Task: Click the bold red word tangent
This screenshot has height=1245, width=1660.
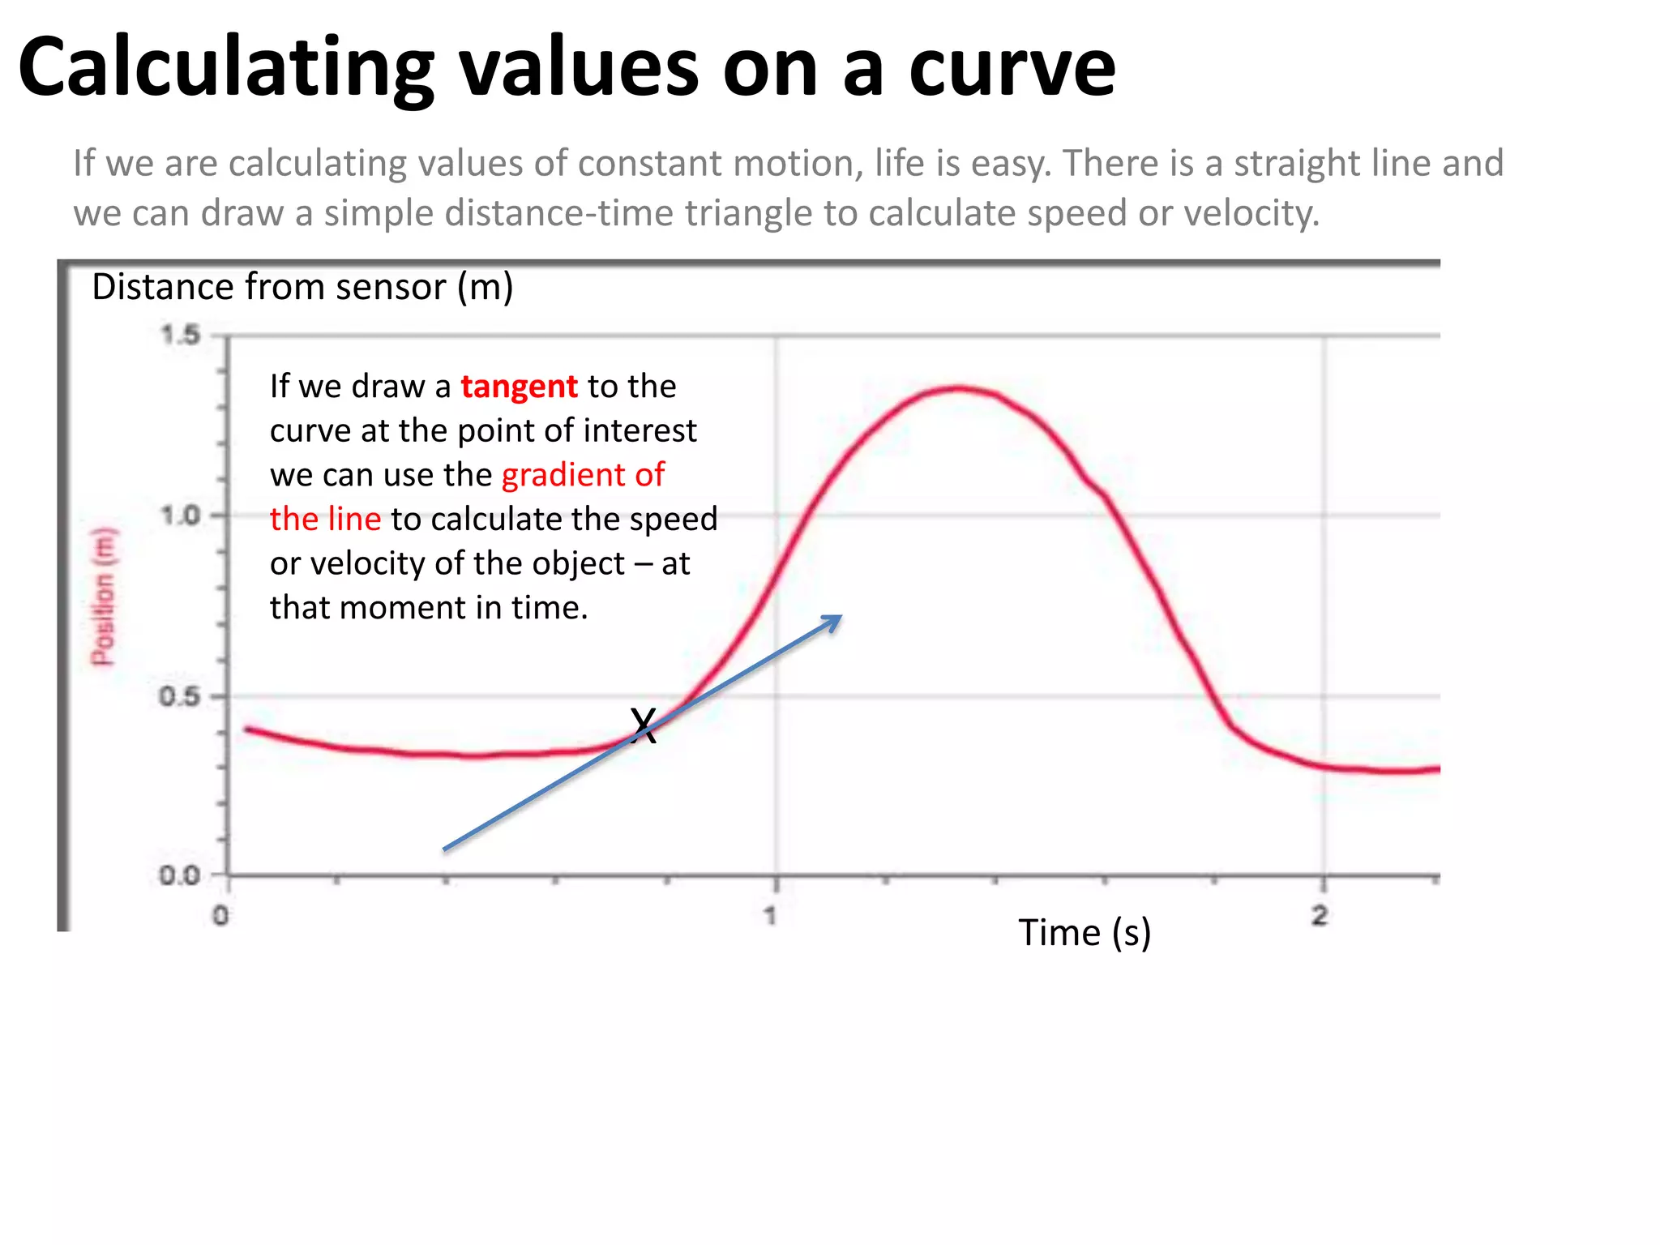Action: [519, 387]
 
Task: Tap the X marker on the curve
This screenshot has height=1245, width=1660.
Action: [643, 725]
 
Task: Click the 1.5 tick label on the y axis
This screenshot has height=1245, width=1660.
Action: [180, 335]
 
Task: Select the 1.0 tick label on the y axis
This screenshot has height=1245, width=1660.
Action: [180, 516]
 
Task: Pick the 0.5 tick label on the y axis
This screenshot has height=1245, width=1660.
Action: [180, 696]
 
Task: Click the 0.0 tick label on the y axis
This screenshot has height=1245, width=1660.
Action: [180, 875]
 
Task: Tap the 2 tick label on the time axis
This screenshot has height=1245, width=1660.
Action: [1320, 916]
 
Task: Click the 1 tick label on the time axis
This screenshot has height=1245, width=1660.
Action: [771, 916]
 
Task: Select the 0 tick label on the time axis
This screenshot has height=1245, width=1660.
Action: [220, 916]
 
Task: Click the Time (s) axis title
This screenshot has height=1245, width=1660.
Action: [1085, 933]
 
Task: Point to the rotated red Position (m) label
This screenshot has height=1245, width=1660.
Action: [103, 597]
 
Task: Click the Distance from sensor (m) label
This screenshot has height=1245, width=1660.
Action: [302, 287]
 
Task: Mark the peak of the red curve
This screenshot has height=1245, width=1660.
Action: [959, 388]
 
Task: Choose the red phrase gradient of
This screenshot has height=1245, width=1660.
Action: [583, 475]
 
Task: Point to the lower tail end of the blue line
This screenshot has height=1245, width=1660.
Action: [445, 849]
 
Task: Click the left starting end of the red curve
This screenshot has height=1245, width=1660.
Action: [248, 729]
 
